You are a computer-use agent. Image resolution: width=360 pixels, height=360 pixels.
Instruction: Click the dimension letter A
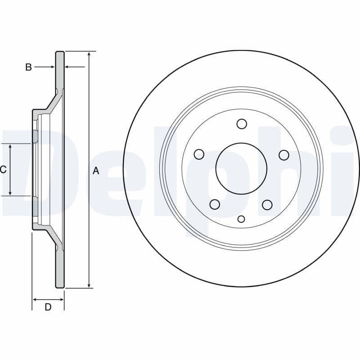point(96,171)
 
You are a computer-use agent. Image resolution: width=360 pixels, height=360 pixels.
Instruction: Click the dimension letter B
point(28,67)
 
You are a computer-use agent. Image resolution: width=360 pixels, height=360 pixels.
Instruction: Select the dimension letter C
point(3,170)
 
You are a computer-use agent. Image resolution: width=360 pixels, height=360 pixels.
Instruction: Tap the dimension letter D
point(48,307)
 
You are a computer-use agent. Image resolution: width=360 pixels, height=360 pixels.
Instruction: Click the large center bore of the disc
point(241,168)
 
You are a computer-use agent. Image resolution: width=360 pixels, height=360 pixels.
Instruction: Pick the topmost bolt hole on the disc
point(242,124)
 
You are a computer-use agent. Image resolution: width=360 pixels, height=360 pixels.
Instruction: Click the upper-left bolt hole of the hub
point(199,154)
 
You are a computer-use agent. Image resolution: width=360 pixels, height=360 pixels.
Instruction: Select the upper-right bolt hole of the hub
point(284,155)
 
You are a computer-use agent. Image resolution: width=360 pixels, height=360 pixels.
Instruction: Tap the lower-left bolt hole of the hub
point(215,204)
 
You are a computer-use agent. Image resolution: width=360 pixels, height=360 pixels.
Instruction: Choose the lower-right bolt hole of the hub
point(267,205)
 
